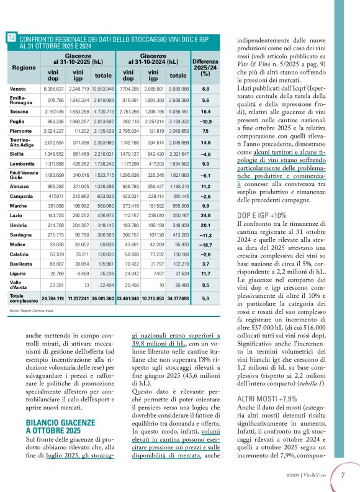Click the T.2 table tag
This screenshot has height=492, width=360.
[x=12, y=38]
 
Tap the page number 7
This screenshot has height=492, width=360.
[x=343, y=476]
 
